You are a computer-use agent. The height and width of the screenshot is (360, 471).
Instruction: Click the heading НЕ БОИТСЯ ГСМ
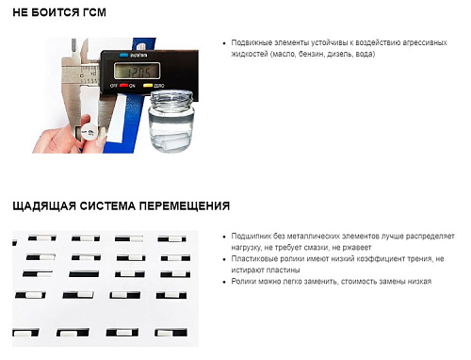[59, 12]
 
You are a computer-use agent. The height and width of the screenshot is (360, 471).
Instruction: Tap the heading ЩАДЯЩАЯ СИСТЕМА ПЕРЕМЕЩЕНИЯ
[122, 206]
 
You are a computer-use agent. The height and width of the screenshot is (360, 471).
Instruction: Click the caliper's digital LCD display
[137, 71]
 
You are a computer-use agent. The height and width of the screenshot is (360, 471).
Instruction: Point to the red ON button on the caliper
[123, 85]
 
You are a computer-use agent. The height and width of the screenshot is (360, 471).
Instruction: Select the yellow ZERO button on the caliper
[148, 85]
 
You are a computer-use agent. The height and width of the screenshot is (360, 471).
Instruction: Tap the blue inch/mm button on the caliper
[124, 56]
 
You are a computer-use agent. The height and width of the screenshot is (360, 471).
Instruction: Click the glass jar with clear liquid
[171, 121]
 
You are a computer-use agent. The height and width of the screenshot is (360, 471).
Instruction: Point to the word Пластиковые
[253, 259]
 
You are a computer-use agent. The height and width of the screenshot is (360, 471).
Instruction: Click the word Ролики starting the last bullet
[243, 281]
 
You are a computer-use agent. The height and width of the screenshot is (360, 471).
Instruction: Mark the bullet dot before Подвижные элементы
[224, 43]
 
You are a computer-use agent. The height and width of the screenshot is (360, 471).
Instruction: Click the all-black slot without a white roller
[84, 274]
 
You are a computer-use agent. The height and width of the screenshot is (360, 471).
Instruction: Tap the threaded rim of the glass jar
[171, 97]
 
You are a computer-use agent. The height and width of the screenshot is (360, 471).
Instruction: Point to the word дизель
[340, 54]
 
